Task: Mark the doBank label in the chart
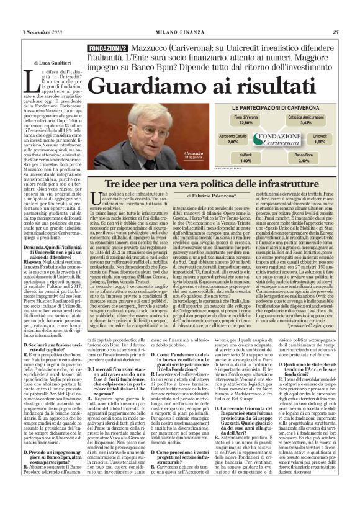[x=228, y=155]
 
